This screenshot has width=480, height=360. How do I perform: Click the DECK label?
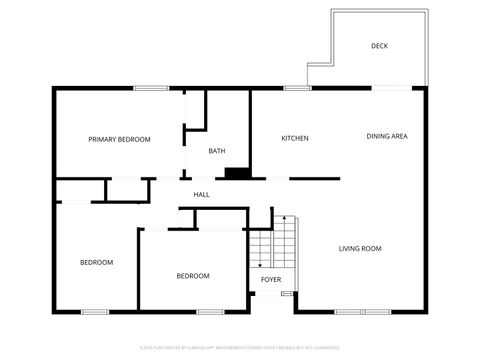tap(379, 46)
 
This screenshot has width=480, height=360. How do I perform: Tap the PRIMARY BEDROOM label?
tap(119, 139)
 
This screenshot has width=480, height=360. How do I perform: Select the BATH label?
tap(216, 151)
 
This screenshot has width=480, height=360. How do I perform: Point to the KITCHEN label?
tap(294, 138)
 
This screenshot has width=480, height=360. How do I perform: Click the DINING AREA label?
tap(386, 136)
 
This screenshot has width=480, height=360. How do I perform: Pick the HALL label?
tap(201, 194)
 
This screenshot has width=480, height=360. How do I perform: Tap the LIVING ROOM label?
tap(360, 248)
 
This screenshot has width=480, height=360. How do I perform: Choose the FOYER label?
tap(271, 279)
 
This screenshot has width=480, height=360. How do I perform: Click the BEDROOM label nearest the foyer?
tap(193, 276)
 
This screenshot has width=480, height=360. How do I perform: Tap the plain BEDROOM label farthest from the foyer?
tap(96, 262)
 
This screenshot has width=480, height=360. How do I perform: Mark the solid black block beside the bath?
tap(237, 173)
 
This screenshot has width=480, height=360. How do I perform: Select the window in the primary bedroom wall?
tap(150, 89)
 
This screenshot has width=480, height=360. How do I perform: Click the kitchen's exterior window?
tap(297, 89)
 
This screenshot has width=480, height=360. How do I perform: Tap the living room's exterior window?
tap(363, 311)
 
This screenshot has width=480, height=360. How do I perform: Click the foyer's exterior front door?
tap(287, 295)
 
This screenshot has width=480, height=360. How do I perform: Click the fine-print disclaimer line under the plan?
tap(240, 349)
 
